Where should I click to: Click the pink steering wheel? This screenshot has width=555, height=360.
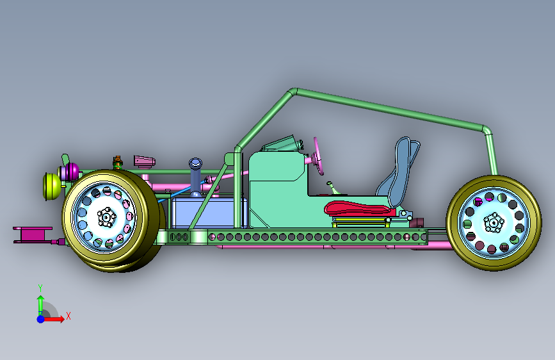coord(319,156)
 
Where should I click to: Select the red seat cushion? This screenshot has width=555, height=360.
coord(359,208)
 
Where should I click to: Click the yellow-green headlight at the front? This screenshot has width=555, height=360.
coord(52,186)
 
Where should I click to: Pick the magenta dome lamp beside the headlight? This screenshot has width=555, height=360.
coord(72,172)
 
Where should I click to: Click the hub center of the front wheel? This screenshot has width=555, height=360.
coord(106,217)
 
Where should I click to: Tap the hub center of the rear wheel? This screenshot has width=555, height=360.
coord(494,223)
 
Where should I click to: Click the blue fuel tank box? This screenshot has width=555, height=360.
coord(209,213)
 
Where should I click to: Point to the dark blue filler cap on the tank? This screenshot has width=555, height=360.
coord(195,163)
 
